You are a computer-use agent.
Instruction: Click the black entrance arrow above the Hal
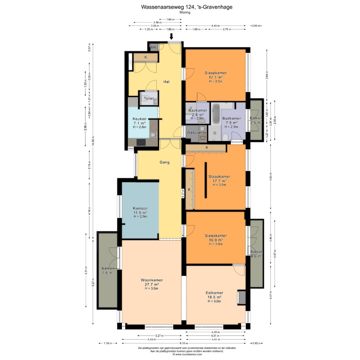[171, 36]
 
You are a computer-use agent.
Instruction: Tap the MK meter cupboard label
[153, 48]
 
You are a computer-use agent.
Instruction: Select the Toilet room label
[149, 98]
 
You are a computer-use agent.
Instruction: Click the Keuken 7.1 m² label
[140, 123]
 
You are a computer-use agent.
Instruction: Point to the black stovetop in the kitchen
[141, 142]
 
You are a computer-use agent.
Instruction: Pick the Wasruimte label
[196, 132]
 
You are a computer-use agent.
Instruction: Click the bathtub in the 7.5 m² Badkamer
[216, 113]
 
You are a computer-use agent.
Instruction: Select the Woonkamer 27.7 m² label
[152, 284]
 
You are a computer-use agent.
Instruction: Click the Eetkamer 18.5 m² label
[214, 297]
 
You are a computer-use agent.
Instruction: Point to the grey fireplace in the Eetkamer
[242, 298]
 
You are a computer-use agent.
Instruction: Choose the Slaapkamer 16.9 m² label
[216, 240]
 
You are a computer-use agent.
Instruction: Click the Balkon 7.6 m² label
[108, 270]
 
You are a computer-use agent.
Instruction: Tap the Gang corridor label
[164, 162]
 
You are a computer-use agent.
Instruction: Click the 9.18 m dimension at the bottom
[184, 343]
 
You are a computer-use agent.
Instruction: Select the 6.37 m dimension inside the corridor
[183, 194]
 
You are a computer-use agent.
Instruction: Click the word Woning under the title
[185, 12]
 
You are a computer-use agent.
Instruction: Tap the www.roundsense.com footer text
[187, 354]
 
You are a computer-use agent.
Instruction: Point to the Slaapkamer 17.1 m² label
[216, 77]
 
